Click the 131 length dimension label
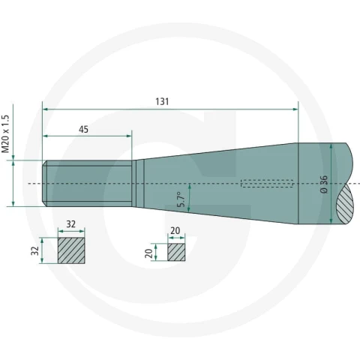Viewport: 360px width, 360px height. pos(162,102)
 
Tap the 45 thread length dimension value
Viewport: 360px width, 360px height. pos(83,130)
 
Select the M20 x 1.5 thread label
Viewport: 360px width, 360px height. pos(5,133)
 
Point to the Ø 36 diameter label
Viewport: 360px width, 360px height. pos(324,184)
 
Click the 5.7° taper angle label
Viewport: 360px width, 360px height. pos(181,199)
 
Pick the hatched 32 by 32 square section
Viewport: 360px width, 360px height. pos(71,250)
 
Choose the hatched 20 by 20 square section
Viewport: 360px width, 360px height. pos(176,252)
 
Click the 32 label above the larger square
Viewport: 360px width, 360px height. pos(70,224)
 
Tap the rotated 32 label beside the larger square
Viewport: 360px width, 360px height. pos(35,250)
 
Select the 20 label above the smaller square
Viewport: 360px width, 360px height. pos(175,230)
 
